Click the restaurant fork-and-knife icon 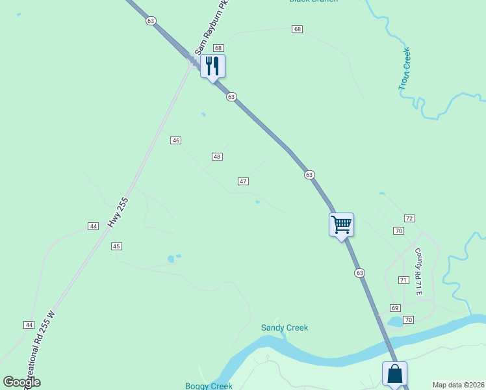[212, 66]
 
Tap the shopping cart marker [341, 225]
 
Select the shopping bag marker [394, 374]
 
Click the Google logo [22, 382]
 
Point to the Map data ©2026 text [458, 385]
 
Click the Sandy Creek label [285, 328]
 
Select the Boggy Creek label [209, 386]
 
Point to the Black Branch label [313, 1]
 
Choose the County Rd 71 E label [419, 272]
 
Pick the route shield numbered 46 [175, 140]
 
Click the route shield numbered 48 [217, 157]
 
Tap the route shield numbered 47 [242, 181]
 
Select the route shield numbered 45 [116, 246]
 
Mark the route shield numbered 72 [409, 218]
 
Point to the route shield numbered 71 [403, 280]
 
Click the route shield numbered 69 [395, 307]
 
